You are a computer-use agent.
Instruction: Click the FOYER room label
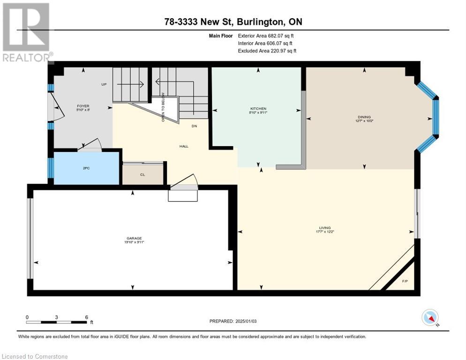pos(83,106)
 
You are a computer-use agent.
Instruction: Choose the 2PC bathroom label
pos(86,167)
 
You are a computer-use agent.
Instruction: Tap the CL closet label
pos(143,174)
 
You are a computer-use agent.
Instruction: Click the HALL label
pos(184,146)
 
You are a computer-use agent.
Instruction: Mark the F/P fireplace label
pos(405,281)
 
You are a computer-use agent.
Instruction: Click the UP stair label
pos(104,85)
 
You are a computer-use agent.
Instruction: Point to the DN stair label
pos(194,126)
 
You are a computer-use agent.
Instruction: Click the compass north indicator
pos(430,317)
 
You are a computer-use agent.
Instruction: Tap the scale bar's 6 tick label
pos(86,317)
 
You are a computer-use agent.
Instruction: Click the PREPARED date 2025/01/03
pos(233,321)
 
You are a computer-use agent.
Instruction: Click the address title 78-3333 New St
pos(233,22)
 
